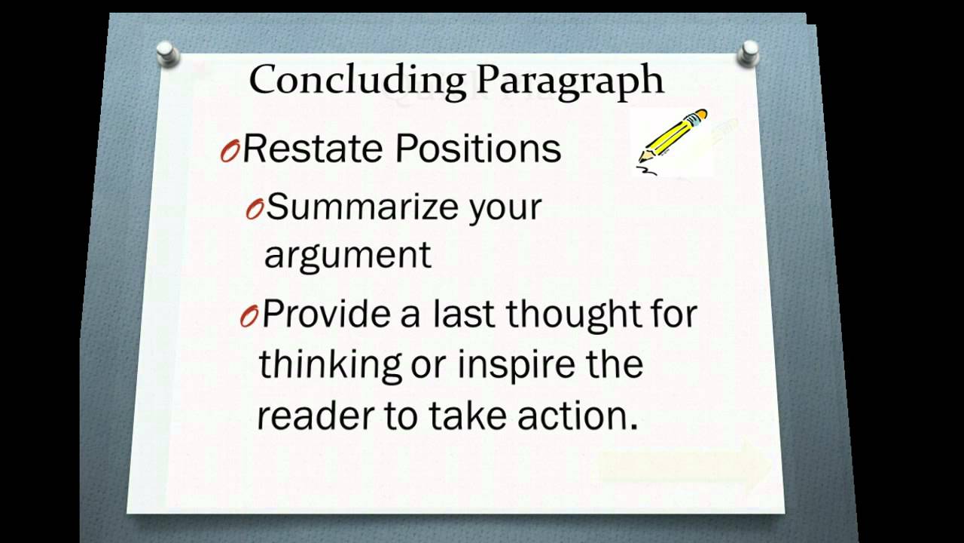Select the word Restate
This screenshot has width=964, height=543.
coord(313,149)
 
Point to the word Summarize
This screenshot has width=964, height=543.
coord(363,207)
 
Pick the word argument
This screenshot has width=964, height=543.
coord(347,255)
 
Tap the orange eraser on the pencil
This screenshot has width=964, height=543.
coord(700,115)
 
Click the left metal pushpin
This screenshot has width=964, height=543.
coord(167,54)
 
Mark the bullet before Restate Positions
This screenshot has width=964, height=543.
coord(229,152)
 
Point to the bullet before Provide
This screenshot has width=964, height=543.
coord(249,318)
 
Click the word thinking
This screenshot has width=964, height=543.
coord(330,364)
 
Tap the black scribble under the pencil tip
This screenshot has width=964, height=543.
coord(647,170)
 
